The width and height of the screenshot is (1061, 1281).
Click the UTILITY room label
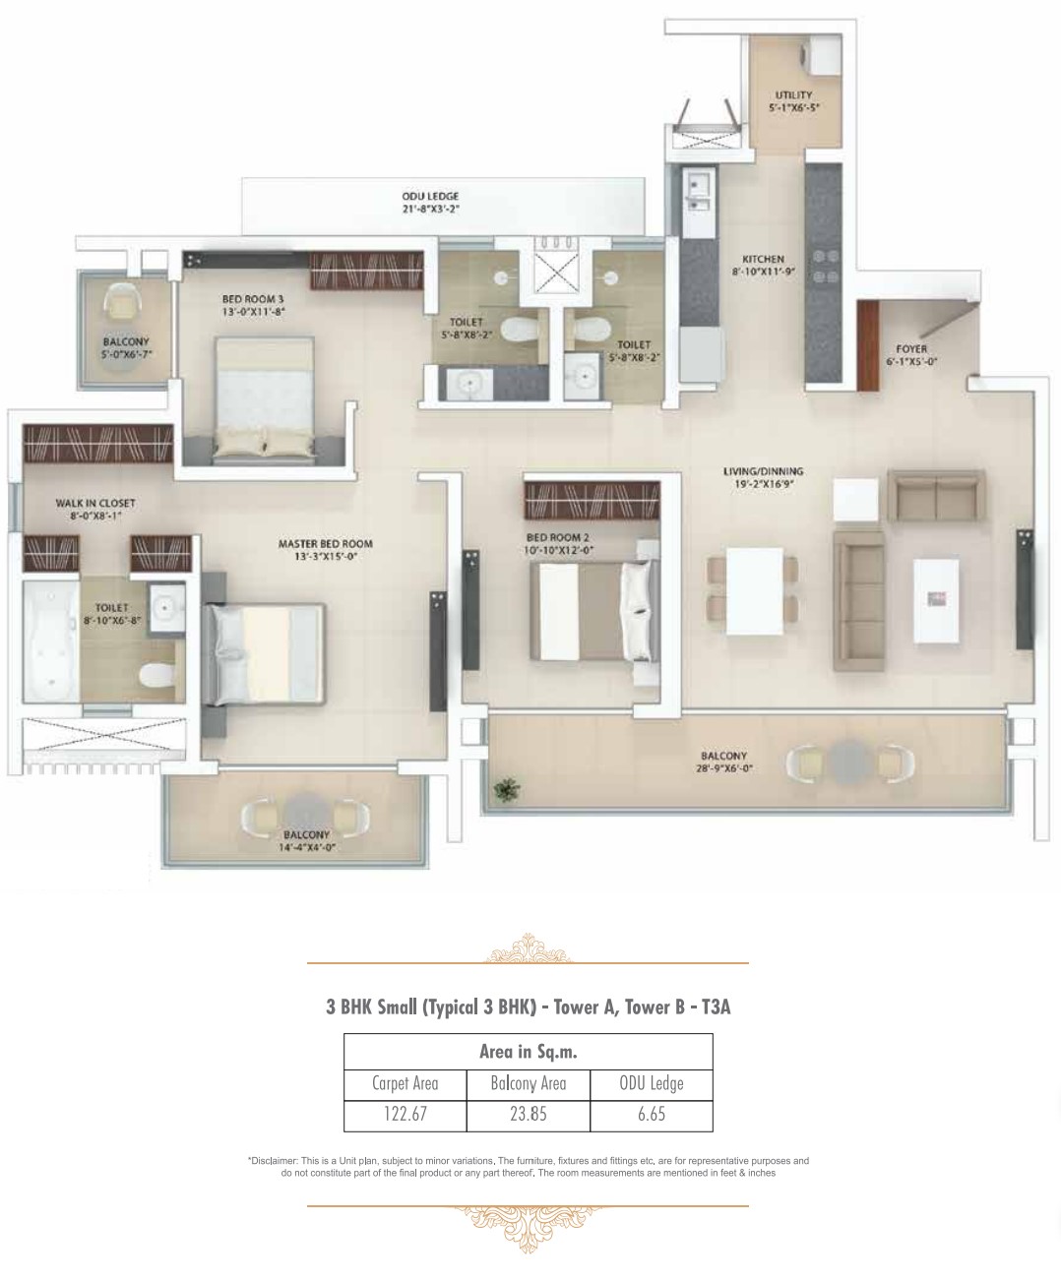(x=793, y=95)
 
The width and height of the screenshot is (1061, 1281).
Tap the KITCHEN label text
(x=763, y=260)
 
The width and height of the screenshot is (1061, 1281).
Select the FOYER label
(x=911, y=349)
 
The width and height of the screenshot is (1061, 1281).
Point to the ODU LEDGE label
(x=430, y=197)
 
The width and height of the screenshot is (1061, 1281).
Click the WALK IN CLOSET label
(x=95, y=503)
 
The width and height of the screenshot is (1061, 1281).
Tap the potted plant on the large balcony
(x=506, y=790)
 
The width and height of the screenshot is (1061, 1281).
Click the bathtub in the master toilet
(x=50, y=641)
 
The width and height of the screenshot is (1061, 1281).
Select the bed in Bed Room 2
(x=594, y=611)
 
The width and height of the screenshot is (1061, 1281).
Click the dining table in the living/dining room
(x=754, y=591)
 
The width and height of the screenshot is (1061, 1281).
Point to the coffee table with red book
(x=936, y=600)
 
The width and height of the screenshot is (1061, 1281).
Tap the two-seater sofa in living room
(x=936, y=496)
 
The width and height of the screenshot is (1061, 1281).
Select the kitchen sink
(x=698, y=192)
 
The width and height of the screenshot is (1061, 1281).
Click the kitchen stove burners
(x=825, y=265)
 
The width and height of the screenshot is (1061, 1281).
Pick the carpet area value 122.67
(x=405, y=1114)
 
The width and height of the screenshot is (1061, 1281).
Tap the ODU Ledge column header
(x=652, y=1083)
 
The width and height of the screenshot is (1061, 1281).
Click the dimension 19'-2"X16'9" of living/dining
(x=763, y=484)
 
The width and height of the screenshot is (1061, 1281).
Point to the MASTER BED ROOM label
(x=325, y=543)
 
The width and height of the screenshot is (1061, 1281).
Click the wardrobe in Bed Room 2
(x=593, y=500)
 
